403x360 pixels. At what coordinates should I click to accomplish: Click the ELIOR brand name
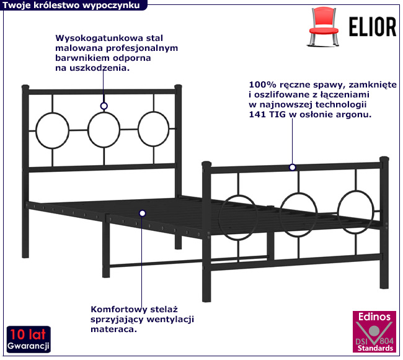coord(372,27)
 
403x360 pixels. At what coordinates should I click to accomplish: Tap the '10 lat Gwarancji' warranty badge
coord(29,338)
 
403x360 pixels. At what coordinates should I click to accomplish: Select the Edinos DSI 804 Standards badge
coord(373,331)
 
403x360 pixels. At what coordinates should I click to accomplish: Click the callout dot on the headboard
coord(104,106)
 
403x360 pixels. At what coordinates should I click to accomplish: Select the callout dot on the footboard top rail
coord(292,167)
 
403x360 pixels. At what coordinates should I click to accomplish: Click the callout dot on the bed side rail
coord(142,213)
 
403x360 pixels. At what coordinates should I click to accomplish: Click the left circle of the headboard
coord(52,130)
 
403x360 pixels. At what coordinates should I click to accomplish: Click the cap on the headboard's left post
coord(25,87)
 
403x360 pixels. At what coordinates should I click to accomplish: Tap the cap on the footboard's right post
coord(384,159)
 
